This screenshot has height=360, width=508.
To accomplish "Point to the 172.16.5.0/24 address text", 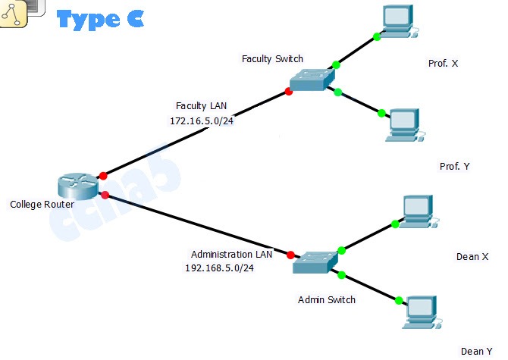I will (202, 121).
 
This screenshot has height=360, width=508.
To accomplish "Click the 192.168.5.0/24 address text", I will (219, 268).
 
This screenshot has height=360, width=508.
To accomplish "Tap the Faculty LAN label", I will (201, 106).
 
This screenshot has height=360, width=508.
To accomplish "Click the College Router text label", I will (42, 205).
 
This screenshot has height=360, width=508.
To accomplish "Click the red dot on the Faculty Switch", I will (289, 92).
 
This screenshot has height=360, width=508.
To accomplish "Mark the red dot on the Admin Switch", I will (290, 255).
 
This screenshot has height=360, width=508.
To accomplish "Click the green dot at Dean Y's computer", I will (399, 301).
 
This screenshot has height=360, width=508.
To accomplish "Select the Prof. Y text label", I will (455, 166).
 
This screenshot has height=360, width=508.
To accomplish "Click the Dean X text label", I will (472, 257).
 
